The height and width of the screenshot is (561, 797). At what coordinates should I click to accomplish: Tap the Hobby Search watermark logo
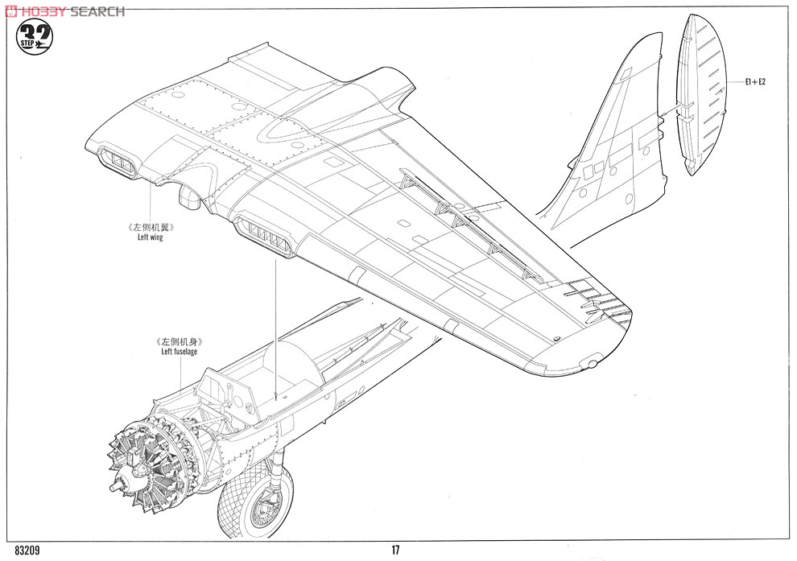(65, 11)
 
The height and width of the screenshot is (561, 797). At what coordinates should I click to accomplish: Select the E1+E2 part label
(755, 82)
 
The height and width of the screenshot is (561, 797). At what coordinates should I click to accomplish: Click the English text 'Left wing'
(151, 237)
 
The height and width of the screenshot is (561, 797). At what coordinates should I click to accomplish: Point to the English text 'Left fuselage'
(179, 351)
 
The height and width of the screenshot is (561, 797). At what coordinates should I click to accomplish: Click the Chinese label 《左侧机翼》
(151, 227)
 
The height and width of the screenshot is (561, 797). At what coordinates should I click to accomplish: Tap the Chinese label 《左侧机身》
(180, 342)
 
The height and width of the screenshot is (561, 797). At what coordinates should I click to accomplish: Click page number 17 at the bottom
(395, 550)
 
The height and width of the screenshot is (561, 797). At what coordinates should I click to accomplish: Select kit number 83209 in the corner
(27, 551)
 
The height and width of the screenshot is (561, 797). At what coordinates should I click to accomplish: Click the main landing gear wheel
(256, 500)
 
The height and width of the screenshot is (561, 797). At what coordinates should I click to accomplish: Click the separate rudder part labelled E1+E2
(701, 94)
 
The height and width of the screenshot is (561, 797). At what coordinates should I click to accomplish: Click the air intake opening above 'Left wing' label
(118, 162)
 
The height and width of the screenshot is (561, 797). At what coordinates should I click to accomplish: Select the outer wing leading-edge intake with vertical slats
(263, 235)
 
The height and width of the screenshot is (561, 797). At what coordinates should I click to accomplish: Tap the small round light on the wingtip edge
(592, 364)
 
